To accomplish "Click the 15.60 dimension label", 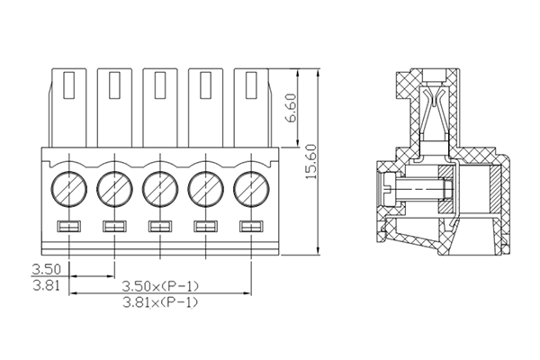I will coord(312,162).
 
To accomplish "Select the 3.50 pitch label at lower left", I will coord(46,269).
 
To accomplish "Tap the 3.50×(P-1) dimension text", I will coord(160,285).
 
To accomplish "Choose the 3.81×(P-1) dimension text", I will coord(160,301).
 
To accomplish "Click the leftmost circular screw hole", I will coord(68,189).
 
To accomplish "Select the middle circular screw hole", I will coord(160,189).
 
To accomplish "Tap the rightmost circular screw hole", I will coord(251,189).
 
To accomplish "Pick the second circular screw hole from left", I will coord(114,189).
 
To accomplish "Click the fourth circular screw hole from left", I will coord(205,189).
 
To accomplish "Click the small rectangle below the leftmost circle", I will coord(68,225).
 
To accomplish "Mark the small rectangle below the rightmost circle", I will coord(251,225).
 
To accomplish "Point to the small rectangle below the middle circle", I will coord(160,225).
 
